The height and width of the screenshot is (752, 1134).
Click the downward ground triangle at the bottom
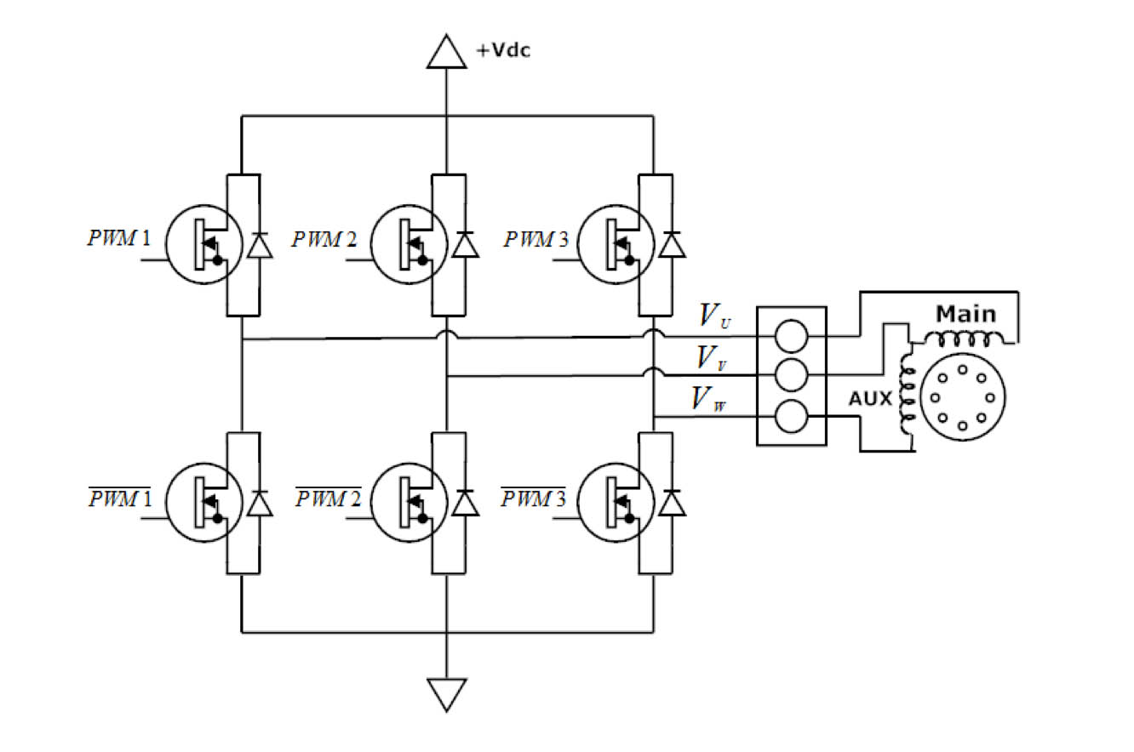447,693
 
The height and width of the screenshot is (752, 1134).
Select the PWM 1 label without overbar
119,237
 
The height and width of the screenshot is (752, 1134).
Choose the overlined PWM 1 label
119,498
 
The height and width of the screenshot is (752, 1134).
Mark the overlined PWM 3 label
535,498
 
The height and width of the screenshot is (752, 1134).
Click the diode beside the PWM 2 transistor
465,245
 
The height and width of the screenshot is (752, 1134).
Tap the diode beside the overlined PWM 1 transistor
260,504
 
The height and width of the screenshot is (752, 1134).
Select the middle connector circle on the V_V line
791,374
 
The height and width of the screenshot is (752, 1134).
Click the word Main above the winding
965,314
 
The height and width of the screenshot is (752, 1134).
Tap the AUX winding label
869,398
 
